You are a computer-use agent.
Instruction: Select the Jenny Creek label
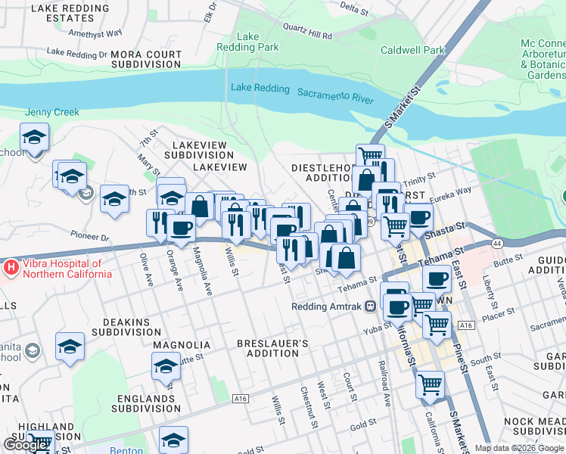pos(52,112)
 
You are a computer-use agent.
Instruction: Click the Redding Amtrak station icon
pos(371,306)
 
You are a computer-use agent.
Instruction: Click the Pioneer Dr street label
pos(90,237)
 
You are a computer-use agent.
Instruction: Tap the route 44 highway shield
pos(496,244)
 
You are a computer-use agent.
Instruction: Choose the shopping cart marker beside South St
pos(430,384)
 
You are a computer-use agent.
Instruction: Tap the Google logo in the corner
pos(26,445)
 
